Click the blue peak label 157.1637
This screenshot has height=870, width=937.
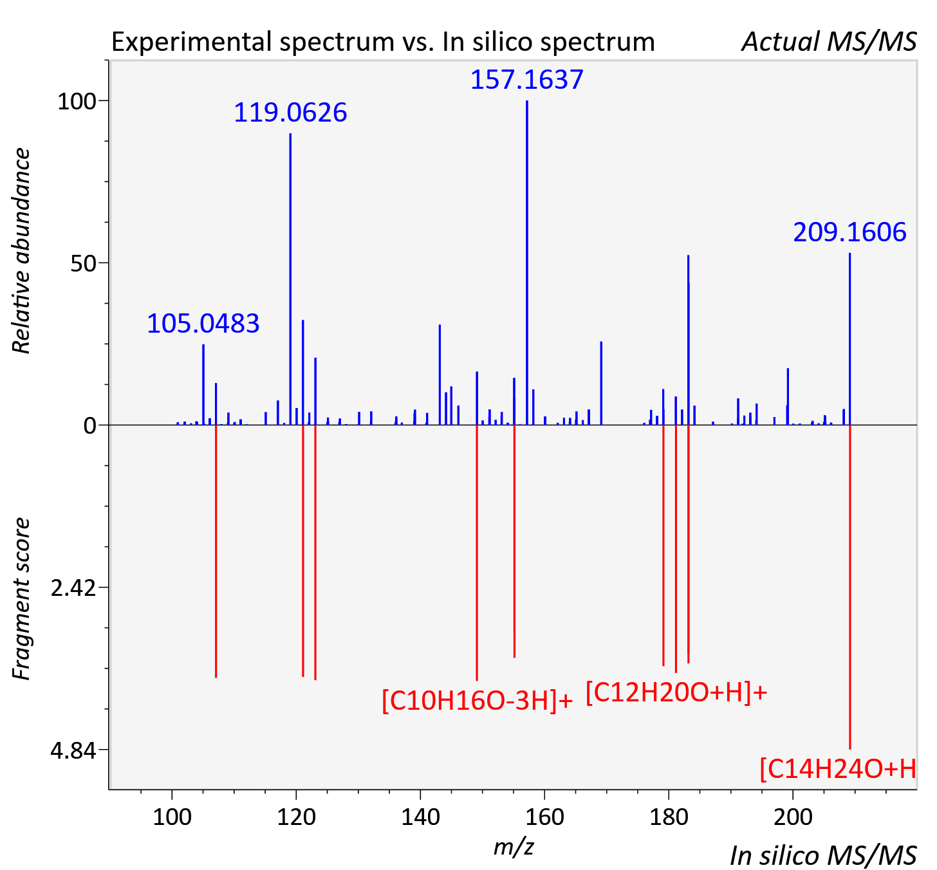click(x=527, y=80)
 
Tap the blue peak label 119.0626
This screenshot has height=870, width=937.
click(x=290, y=113)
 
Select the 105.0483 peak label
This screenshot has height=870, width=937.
click(x=203, y=324)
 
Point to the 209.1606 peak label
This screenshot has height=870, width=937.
click(x=849, y=232)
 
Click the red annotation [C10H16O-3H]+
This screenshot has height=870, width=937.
click(x=477, y=701)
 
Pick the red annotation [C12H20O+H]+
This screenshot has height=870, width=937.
click(x=676, y=692)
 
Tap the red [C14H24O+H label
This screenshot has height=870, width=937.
click(x=838, y=769)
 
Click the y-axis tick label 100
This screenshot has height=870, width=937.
click(x=77, y=102)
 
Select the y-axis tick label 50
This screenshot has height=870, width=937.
click(x=83, y=264)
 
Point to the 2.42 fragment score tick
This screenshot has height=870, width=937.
click(x=73, y=588)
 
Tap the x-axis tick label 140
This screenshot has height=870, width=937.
click(x=420, y=817)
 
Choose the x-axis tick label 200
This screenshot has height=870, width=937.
click(x=793, y=817)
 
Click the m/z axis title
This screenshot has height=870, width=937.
click(x=514, y=846)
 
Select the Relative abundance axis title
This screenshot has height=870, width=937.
click(x=21, y=250)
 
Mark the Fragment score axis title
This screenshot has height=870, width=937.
click(x=21, y=598)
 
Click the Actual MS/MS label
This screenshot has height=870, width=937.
click(x=830, y=42)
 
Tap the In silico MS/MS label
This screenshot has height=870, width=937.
click(x=823, y=855)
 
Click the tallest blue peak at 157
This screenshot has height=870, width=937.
click(x=527, y=263)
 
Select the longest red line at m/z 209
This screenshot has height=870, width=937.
click(x=850, y=587)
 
